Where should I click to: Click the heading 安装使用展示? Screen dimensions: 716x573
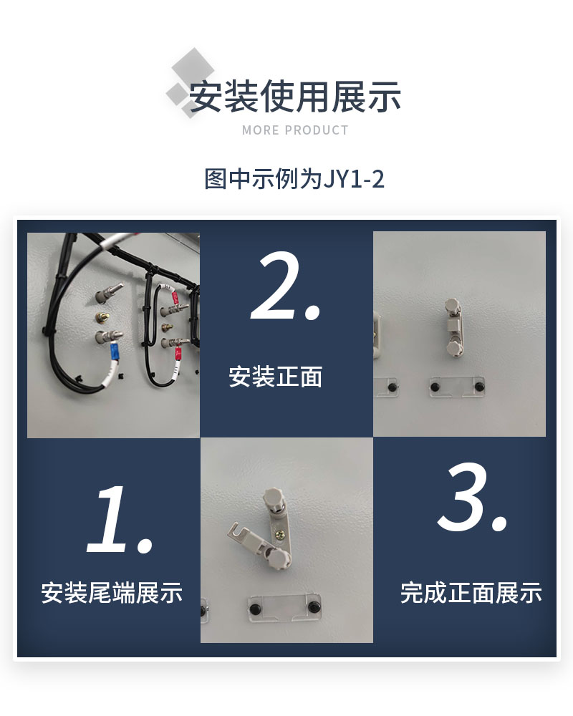pos(294,97)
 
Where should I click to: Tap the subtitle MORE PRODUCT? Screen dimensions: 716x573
pos(295,130)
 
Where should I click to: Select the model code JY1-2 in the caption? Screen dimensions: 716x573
pos(354,179)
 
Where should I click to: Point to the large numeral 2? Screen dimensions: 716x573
pos(285,286)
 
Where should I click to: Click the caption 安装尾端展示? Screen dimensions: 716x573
pos(112,593)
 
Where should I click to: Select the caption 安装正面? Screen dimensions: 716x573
pos(276,377)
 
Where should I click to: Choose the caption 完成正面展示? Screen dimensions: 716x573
pos(471,593)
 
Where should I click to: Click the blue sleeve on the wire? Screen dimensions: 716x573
pos(113,352)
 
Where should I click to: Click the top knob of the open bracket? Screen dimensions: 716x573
pos(272,495)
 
